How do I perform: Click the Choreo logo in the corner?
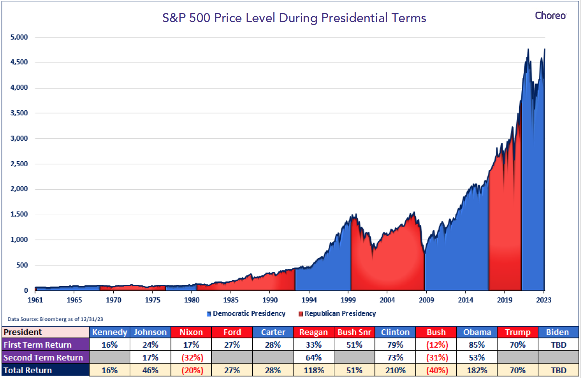[551, 16]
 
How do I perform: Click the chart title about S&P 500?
[294, 18]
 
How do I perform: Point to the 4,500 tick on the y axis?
[19, 62]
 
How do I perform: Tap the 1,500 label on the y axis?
[19, 214]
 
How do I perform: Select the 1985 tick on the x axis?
[231, 300]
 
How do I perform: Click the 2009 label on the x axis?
[426, 300]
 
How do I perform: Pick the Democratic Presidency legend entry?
[246, 314]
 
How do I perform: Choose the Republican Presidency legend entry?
[337, 314]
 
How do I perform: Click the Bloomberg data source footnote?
[55, 319]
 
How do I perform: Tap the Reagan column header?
[313, 332]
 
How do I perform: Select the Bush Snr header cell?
[354, 332]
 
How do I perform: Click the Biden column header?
[558, 332]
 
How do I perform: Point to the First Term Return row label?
[38, 345]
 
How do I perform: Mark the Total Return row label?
[28, 370]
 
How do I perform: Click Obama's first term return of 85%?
[477, 345]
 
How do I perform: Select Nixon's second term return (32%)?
[192, 358]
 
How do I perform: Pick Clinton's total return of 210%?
[395, 370]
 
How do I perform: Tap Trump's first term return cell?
[518, 345]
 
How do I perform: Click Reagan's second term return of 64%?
[313, 358]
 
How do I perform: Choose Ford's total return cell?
[232, 370]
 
